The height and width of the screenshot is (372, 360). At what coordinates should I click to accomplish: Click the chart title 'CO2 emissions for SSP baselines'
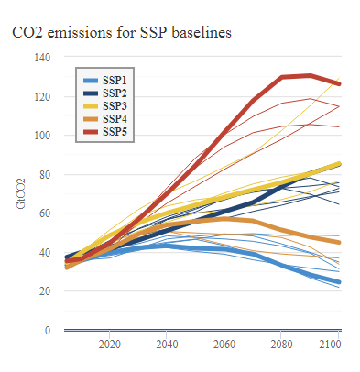[x=121, y=33]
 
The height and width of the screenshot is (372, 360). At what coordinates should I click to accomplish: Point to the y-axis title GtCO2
[x=20, y=193]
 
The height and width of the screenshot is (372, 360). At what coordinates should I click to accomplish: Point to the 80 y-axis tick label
[x=43, y=174]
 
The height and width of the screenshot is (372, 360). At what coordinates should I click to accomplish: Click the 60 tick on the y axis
[x=43, y=213]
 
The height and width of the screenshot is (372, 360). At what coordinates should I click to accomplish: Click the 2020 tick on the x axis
[x=109, y=345]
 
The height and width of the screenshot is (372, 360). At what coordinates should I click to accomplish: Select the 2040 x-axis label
[x=167, y=345]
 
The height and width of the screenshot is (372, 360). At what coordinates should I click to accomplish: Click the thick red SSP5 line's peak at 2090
[x=311, y=75]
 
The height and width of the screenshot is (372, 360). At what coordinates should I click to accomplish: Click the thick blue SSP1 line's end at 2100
[x=340, y=282]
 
